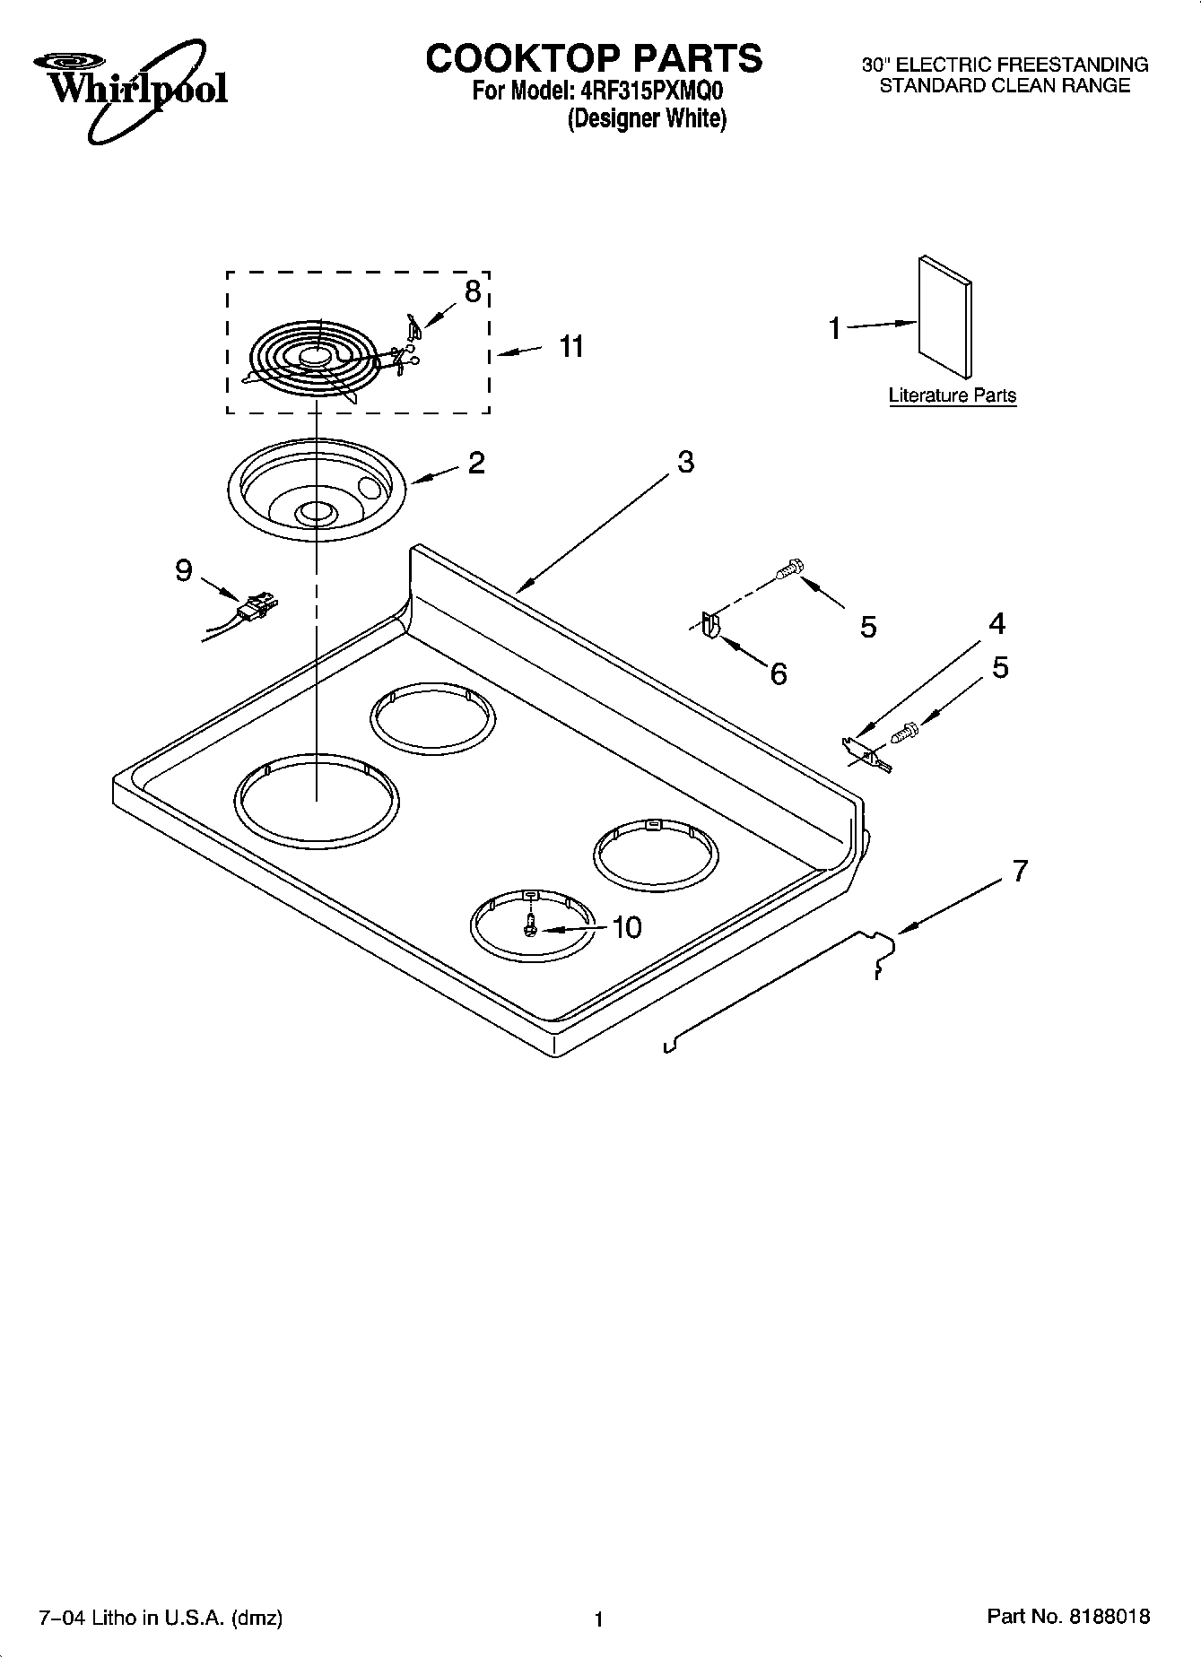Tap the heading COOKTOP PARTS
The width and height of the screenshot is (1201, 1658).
click(593, 58)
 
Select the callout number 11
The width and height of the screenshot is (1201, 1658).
click(570, 346)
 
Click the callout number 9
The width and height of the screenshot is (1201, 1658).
click(183, 569)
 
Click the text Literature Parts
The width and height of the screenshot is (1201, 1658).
click(952, 395)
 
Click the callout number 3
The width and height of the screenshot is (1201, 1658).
click(684, 463)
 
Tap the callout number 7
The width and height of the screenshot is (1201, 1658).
click(1019, 871)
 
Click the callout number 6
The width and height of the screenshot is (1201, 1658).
click(779, 673)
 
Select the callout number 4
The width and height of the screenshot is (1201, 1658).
click(996, 623)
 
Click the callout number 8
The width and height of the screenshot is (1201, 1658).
click(472, 291)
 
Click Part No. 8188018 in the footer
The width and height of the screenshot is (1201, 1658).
click(1067, 1616)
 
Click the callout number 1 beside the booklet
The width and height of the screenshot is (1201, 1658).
click(834, 329)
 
